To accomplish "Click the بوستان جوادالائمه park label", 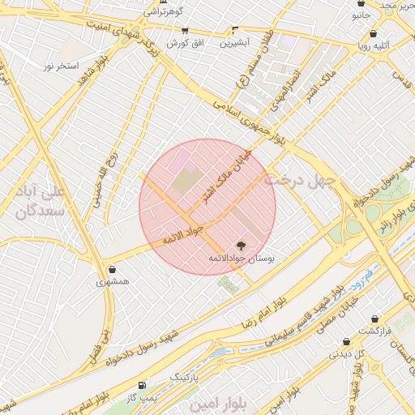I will [242, 258].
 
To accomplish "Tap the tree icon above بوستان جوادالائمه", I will [240, 245].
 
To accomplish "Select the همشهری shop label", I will [111, 282].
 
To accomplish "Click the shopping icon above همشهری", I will [111, 270].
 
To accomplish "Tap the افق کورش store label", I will [185, 42].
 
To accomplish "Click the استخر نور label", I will [61, 65].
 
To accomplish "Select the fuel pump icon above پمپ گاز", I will [143, 385].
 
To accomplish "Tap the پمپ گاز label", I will [142, 397].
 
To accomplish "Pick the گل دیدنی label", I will [346, 354].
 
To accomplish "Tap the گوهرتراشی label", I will [165, 12].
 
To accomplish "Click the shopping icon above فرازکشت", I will [374, 320].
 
